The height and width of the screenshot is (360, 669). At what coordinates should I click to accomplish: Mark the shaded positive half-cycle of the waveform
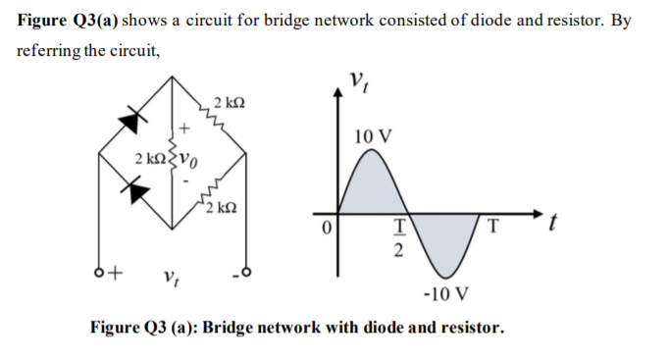369,188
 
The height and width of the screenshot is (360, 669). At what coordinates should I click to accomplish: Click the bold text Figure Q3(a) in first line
66,22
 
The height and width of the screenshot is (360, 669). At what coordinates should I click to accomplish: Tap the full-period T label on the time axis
495,229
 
